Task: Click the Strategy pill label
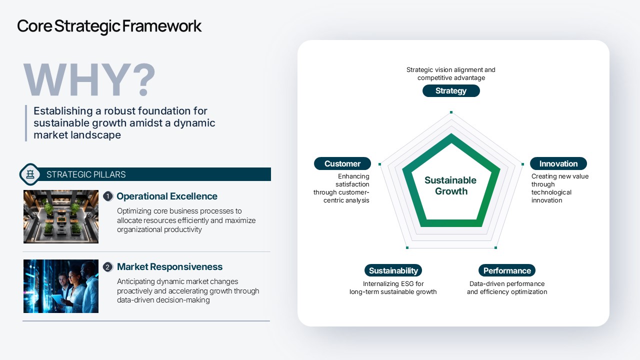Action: click(x=451, y=91)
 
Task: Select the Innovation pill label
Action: click(x=558, y=163)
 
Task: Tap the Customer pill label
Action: click(x=342, y=163)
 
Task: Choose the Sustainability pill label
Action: click(x=393, y=270)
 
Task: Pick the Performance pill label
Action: click(x=507, y=270)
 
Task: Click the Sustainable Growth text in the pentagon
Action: click(x=450, y=185)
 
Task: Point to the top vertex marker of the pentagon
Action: click(x=451, y=112)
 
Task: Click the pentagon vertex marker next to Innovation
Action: click(x=522, y=164)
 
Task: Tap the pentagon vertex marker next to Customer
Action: click(x=379, y=164)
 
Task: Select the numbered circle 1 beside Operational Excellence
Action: click(x=107, y=196)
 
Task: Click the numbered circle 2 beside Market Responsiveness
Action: click(x=107, y=267)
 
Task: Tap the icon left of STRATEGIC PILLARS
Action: click(x=30, y=174)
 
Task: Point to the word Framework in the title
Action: click(x=162, y=26)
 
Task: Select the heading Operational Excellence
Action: click(x=167, y=196)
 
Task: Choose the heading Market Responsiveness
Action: click(x=169, y=267)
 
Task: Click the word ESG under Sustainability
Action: click(x=407, y=283)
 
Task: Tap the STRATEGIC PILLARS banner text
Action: click(x=86, y=174)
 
